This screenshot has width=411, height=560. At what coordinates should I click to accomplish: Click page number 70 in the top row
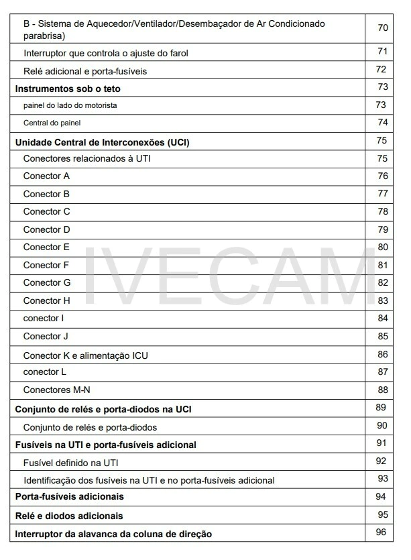383,28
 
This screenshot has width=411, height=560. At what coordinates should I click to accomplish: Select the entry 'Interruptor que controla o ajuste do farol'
107,52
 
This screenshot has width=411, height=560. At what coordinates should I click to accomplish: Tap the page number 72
381,69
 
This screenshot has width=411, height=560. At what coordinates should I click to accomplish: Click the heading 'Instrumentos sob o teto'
68,88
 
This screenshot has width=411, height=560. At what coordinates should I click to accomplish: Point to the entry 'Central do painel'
52,123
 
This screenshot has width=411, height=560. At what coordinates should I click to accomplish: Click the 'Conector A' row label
47,176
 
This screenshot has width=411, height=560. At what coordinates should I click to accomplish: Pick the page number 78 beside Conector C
383,211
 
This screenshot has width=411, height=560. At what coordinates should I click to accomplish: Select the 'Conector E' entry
47,247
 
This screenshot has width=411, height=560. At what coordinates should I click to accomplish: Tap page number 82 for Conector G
383,282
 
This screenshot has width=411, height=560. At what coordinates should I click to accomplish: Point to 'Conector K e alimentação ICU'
86,355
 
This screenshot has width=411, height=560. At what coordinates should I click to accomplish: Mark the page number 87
383,372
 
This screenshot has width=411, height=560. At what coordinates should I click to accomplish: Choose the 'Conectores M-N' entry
57,390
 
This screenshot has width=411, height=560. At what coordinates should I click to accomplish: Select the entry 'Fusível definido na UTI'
71,462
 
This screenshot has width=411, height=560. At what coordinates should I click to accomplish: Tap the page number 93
383,478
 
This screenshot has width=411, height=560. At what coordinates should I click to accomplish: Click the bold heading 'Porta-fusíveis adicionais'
70,497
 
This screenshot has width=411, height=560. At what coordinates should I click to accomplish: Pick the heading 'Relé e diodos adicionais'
69,516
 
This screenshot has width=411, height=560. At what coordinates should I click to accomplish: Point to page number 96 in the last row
381,533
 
